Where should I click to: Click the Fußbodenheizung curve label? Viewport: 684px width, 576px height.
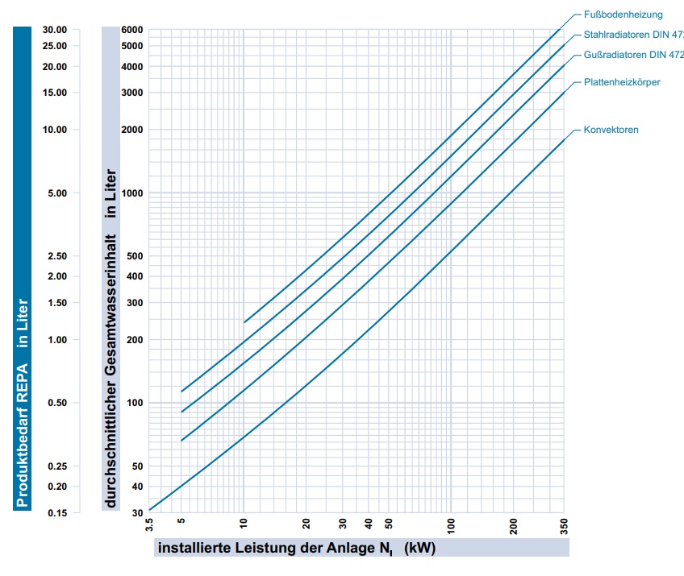tap(623, 15)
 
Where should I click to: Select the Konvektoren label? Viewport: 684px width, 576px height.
tap(611, 130)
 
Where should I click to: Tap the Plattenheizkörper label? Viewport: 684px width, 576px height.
tap(622, 83)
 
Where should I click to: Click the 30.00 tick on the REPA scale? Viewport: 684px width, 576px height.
tap(55, 30)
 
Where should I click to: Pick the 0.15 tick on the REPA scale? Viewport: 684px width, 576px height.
tap(56, 512)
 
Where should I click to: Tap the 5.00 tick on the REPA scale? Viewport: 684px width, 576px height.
tap(57, 193)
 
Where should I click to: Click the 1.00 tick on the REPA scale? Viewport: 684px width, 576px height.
tap(57, 340)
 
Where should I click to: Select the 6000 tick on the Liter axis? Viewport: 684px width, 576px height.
tap(131, 30)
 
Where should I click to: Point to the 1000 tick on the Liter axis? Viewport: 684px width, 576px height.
tap(131, 193)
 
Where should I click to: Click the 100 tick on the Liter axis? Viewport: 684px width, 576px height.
tap(134, 403)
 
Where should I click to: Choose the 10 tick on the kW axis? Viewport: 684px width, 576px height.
tap(244, 524)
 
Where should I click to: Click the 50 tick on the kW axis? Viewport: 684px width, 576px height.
tap(388, 524)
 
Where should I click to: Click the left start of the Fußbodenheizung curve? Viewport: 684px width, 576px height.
tap(244, 322)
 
